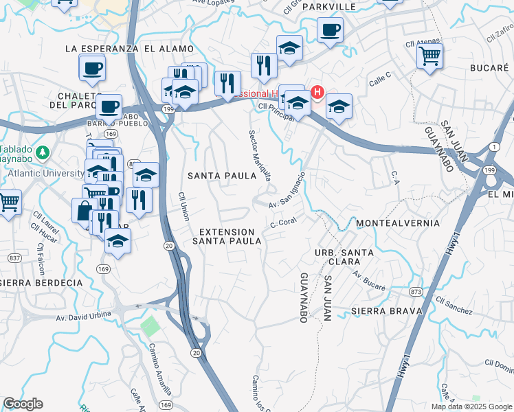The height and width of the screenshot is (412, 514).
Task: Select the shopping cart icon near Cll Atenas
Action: [x=429, y=55]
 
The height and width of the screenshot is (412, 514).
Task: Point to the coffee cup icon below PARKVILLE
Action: [x=330, y=30]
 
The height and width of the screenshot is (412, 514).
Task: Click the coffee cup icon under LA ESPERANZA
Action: [x=92, y=67]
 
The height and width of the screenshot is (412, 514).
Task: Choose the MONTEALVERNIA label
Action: [x=398, y=224]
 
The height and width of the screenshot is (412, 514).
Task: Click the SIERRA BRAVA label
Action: [x=385, y=311]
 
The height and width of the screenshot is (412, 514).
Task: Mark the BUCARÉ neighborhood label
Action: [x=489, y=68]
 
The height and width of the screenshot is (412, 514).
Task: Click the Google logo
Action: [x=23, y=404]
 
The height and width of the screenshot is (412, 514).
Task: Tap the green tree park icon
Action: [x=43, y=151]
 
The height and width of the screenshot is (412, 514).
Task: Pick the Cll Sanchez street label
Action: [x=454, y=306]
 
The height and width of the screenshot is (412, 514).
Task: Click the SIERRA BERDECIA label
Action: [x=41, y=282]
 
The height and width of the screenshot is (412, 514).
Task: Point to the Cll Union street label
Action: [x=183, y=206]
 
